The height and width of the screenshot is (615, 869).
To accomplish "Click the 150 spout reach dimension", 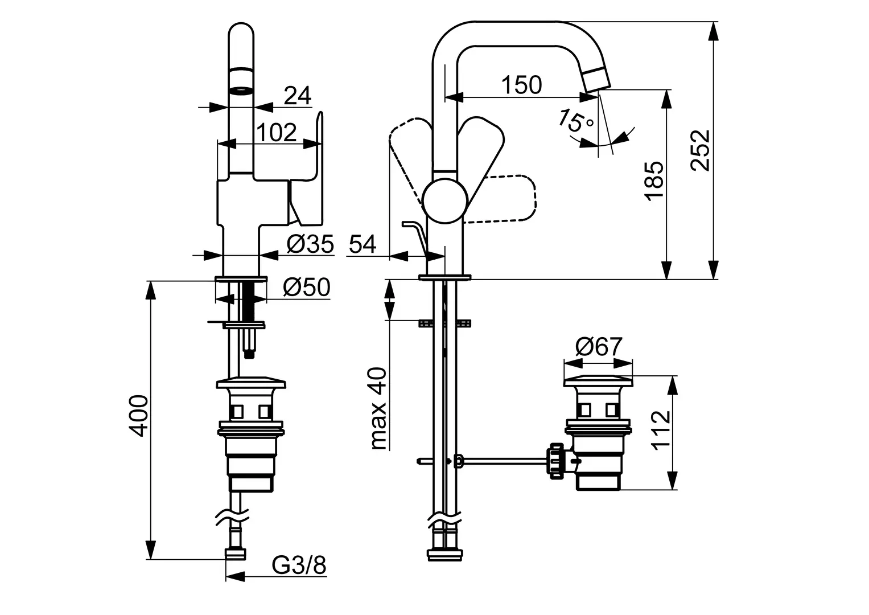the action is tap(521, 85).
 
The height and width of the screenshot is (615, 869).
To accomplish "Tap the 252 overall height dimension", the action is tap(700, 150).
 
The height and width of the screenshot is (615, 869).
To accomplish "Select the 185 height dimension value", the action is tap(654, 181).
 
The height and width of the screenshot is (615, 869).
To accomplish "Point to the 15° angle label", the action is tap(575, 121).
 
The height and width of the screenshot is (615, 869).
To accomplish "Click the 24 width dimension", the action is tap(298, 95).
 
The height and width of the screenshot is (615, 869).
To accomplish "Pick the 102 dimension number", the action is tap(277, 132).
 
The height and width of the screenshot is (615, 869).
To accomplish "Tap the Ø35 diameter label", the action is tap(310, 244).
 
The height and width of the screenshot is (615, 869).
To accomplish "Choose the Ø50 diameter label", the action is tap(307, 288).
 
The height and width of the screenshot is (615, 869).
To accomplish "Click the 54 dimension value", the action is tap(363, 244).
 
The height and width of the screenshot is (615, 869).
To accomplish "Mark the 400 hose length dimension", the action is tap(138, 416).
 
